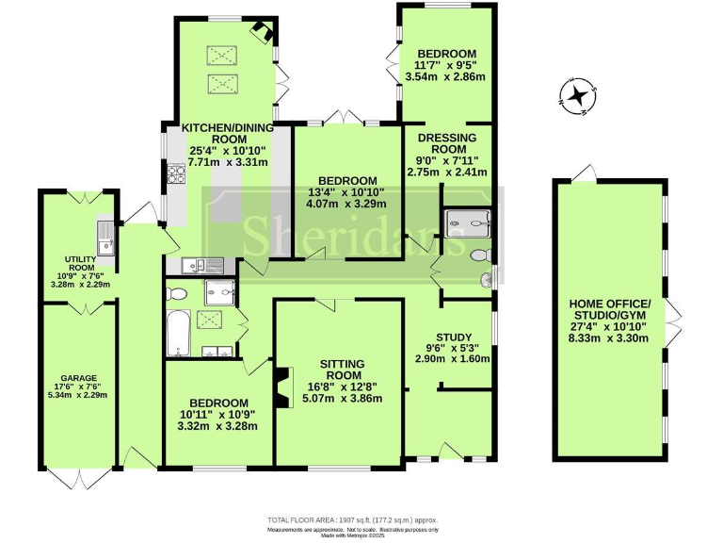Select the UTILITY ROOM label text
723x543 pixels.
pos(80,262)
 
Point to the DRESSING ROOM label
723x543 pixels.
pos(447,143)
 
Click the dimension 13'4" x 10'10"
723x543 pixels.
pos(347,193)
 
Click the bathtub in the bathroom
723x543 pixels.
pos(176,334)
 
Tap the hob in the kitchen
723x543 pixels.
pos(175,173)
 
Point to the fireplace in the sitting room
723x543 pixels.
pos(281,383)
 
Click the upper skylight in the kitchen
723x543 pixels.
pos(223,55)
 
